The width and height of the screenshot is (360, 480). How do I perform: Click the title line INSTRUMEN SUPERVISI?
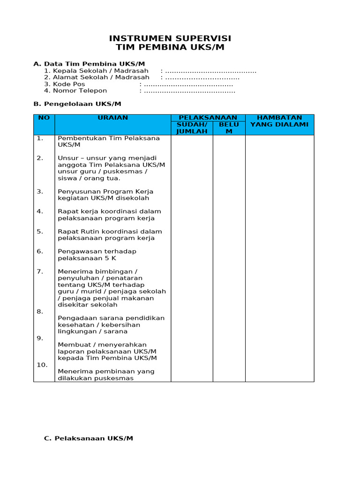tap(170, 38)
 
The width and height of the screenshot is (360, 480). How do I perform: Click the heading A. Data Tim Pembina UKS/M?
tap(89, 64)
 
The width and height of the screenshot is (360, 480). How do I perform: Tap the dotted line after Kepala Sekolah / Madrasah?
tap(211, 71)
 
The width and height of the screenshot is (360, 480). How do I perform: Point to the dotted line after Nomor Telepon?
tap(190, 90)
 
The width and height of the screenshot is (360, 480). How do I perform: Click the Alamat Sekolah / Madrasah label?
tap(101, 77)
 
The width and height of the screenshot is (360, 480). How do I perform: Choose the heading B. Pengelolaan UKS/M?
tap(77, 104)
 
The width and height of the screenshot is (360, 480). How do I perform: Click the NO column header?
tap(44, 118)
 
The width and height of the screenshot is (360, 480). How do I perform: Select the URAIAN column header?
tap(112, 118)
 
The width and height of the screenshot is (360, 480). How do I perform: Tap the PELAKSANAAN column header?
tap(208, 118)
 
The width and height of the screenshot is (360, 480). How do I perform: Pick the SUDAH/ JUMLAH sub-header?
tap(192, 128)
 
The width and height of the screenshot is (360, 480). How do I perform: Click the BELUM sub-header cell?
tap(229, 128)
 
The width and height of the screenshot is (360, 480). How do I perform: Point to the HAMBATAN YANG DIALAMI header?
tap(279, 121)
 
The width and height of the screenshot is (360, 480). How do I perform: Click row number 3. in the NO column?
tap(40, 191)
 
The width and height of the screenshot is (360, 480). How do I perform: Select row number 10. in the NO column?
tap(42, 365)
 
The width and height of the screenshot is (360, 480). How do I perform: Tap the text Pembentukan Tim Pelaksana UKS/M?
tap(108, 142)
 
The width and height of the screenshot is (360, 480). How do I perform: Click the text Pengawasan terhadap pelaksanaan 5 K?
tap(97, 255)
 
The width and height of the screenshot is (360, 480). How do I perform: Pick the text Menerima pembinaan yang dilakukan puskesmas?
tap(106, 375)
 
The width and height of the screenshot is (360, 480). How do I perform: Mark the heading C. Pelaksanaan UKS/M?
tap(89, 438)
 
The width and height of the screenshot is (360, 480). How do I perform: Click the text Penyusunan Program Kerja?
tap(105, 191)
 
